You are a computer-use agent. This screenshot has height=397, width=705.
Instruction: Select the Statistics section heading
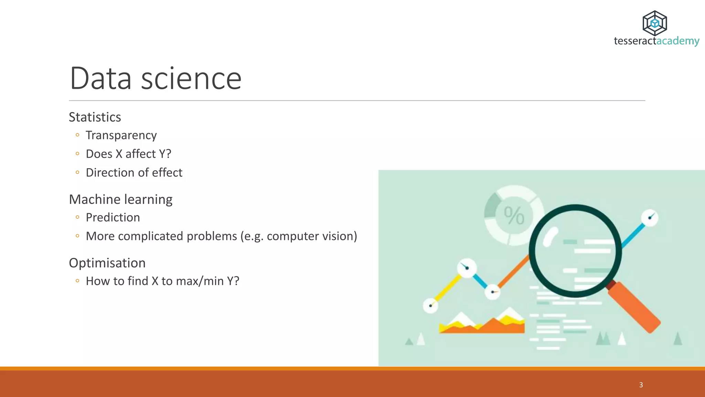pos(95,117)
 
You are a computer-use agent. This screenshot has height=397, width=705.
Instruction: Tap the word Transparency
pos(121,135)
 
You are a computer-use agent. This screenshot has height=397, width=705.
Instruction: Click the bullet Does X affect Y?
pos(128,154)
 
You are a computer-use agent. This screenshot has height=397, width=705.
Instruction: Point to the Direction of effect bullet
pos(134,172)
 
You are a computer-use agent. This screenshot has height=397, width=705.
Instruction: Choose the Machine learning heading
pos(120,199)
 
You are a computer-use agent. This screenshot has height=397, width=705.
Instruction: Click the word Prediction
pos(113,217)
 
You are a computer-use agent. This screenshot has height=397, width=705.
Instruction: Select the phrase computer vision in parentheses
pos(310,236)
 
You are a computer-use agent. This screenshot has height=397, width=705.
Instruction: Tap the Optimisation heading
pos(107,263)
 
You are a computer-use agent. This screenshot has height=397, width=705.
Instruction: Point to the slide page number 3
pos(641,385)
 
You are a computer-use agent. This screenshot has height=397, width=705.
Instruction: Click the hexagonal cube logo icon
pos(655,23)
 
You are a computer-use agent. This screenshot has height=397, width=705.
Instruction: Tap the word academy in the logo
pos(678,41)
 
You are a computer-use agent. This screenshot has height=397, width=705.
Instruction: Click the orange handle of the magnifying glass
pos(635,307)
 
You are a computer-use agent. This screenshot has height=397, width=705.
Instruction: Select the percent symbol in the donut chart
pos(514,216)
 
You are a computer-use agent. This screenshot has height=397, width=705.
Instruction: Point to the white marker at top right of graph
pos(650,218)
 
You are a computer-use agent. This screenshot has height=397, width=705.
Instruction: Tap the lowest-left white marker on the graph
pos(430,306)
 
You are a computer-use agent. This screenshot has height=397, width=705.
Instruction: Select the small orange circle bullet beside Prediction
pos(77,217)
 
